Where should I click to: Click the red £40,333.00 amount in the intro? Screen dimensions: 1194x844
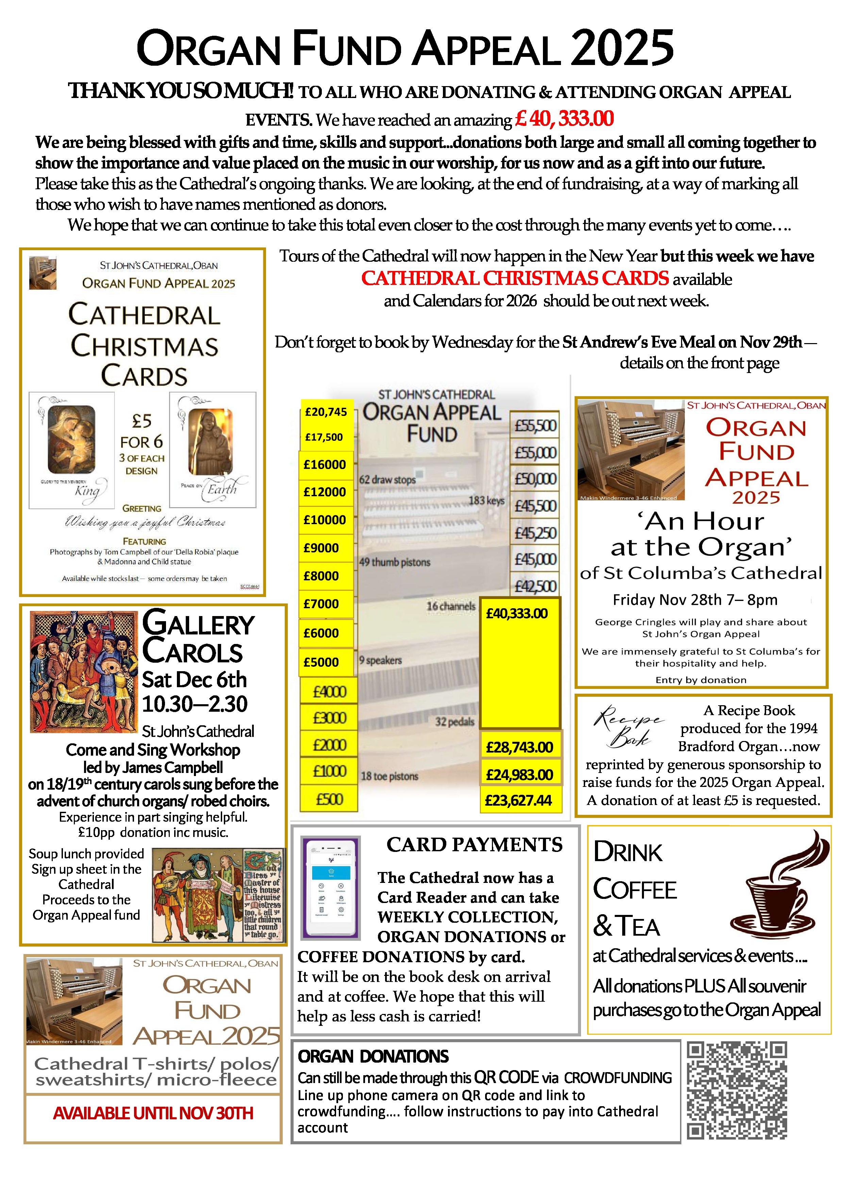564,119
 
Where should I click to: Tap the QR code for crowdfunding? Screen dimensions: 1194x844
737,1090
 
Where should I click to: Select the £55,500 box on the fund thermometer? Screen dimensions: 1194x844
535,425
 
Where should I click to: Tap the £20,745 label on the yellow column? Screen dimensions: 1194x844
326,412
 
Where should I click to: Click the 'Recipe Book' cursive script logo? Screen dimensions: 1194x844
628,726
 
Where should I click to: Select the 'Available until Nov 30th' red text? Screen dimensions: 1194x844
153,1113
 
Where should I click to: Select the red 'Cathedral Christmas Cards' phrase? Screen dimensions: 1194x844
515,279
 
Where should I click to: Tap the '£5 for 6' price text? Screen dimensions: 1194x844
142,431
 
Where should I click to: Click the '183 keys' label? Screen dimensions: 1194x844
486,500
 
